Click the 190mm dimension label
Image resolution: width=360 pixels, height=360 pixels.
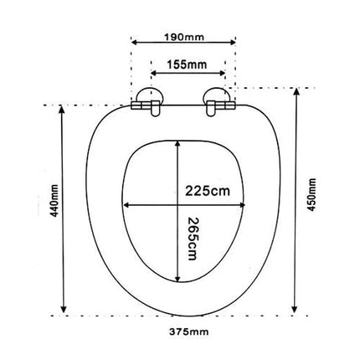[x=184, y=37]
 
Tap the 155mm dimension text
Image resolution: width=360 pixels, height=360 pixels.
[x=187, y=64]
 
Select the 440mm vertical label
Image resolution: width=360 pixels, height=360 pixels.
[x=54, y=201]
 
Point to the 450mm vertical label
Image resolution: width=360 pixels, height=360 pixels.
[x=311, y=194]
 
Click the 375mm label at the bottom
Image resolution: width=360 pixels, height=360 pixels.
[x=189, y=332]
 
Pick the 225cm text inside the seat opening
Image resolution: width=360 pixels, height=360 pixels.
[x=208, y=191]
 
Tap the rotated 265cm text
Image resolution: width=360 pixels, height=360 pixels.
[x=193, y=239]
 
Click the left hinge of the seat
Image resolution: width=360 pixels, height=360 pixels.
[x=147, y=102]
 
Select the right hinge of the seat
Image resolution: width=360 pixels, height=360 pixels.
[x=219, y=102]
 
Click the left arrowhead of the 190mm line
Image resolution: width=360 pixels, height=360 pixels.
[x=134, y=43]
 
